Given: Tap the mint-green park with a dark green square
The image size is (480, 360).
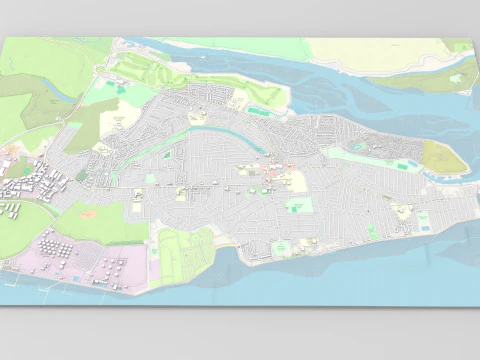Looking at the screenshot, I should point(298,205).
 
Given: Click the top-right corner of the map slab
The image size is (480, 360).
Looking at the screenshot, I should point(469,39).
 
